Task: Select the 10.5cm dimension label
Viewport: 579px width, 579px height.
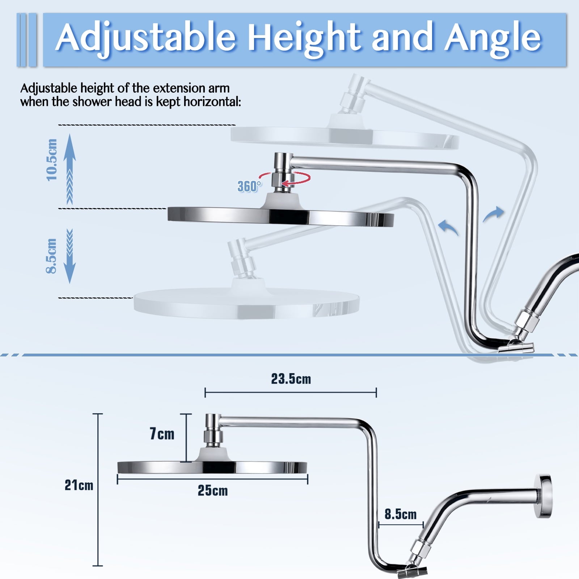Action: click(52, 160)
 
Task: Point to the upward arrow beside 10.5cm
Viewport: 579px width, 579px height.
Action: click(69, 166)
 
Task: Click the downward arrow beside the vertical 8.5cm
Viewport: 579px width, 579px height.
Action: click(69, 257)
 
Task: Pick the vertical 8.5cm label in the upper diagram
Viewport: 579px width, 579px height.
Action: click(51, 255)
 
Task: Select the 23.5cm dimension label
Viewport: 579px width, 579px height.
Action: click(291, 379)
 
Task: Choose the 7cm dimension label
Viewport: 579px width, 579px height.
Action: click(162, 434)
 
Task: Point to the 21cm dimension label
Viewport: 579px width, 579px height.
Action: click(79, 485)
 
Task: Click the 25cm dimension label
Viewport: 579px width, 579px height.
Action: click(213, 491)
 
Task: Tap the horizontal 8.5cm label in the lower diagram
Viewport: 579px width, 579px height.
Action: click(400, 514)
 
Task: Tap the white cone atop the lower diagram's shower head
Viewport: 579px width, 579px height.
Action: click(214, 454)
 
